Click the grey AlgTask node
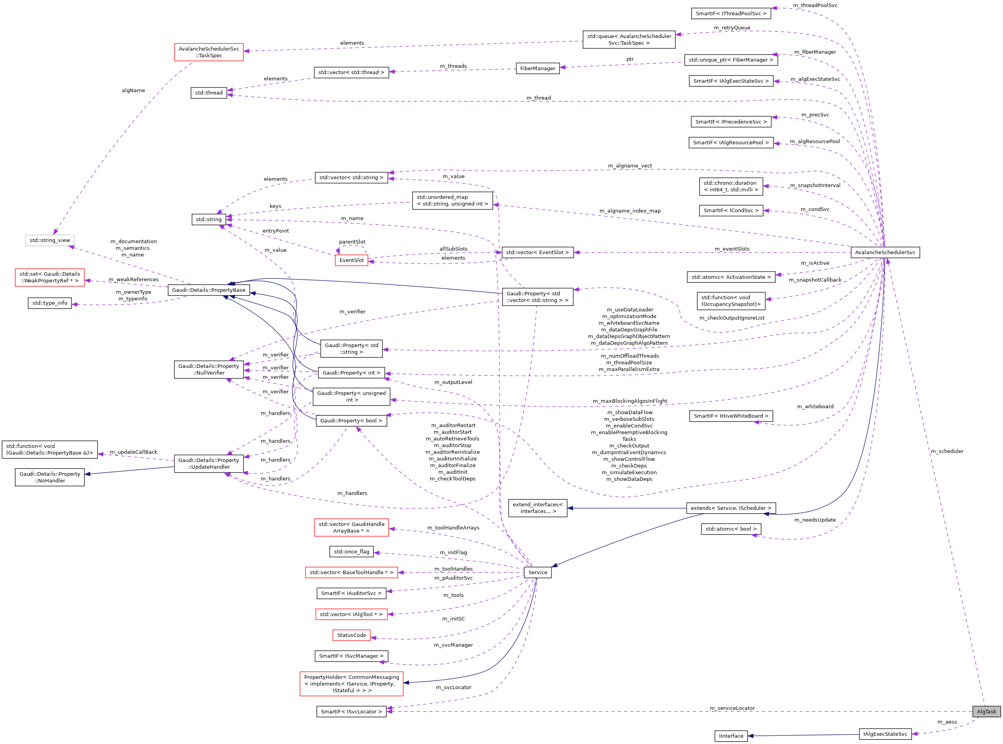(x=986, y=711)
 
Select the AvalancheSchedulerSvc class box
(x=885, y=252)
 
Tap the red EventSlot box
(x=351, y=260)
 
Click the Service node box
(x=538, y=572)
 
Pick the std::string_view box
(x=49, y=240)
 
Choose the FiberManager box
(x=538, y=69)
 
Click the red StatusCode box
(x=351, y=635)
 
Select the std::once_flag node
(x=351, y=551)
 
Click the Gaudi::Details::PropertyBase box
(x=209, y=290)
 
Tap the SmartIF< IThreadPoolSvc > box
(x=730, y=13)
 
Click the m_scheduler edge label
(x=947, y=451)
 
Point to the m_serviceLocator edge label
(x=732, y=708)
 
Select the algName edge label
(x=133, y=91)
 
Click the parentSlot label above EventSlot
(x=352, y=242)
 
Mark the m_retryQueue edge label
(x=732, y=28)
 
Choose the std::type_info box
(x=49, y=303)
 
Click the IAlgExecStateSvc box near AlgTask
(x=885, y=734)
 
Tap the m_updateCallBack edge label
(x=133, y=452)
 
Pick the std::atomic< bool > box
(x=730, y=529)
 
